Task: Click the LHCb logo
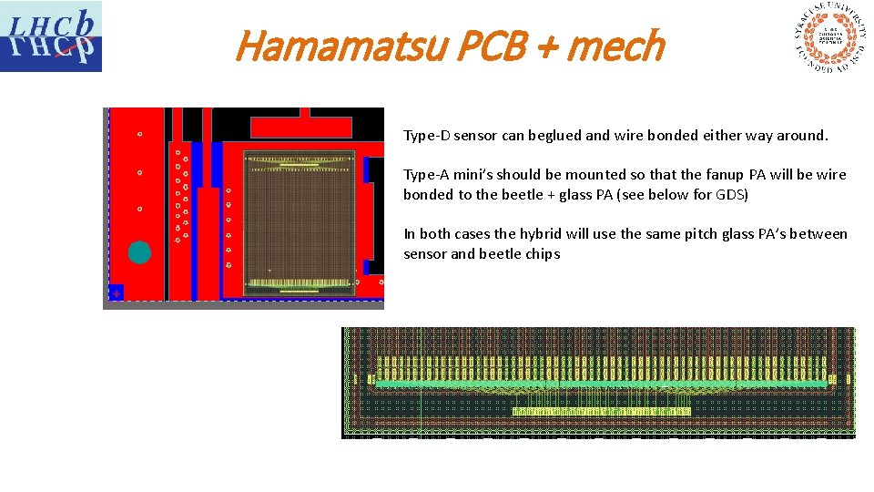51,36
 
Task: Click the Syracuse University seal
828,38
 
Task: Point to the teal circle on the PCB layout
139,252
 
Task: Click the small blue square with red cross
116,292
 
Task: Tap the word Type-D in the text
426,136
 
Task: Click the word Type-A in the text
426,175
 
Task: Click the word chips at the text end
543,254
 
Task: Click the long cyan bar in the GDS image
601,384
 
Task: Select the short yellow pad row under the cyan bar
601,412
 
